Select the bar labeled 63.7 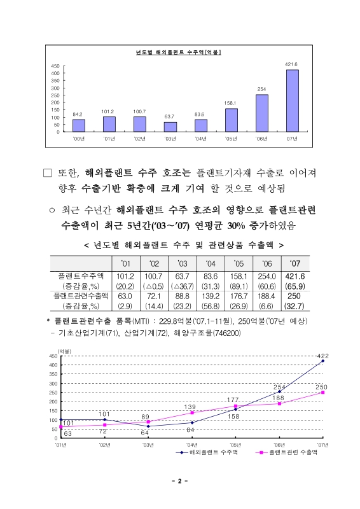(170, 127)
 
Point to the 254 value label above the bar (261, 88)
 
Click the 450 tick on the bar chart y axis (55, 66)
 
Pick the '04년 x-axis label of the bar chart (200, 138)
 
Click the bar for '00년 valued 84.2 (78, 125)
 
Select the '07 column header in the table (296, 263)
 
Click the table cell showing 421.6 (296, 276)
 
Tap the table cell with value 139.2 (207, 296)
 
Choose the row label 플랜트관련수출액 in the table (81, 296)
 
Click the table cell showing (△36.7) (181, 286)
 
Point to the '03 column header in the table (181, 263)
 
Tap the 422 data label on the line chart (322, 355)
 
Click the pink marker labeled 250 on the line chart (323, 392)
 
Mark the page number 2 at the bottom (180, 481)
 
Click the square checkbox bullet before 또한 (47, 172)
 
